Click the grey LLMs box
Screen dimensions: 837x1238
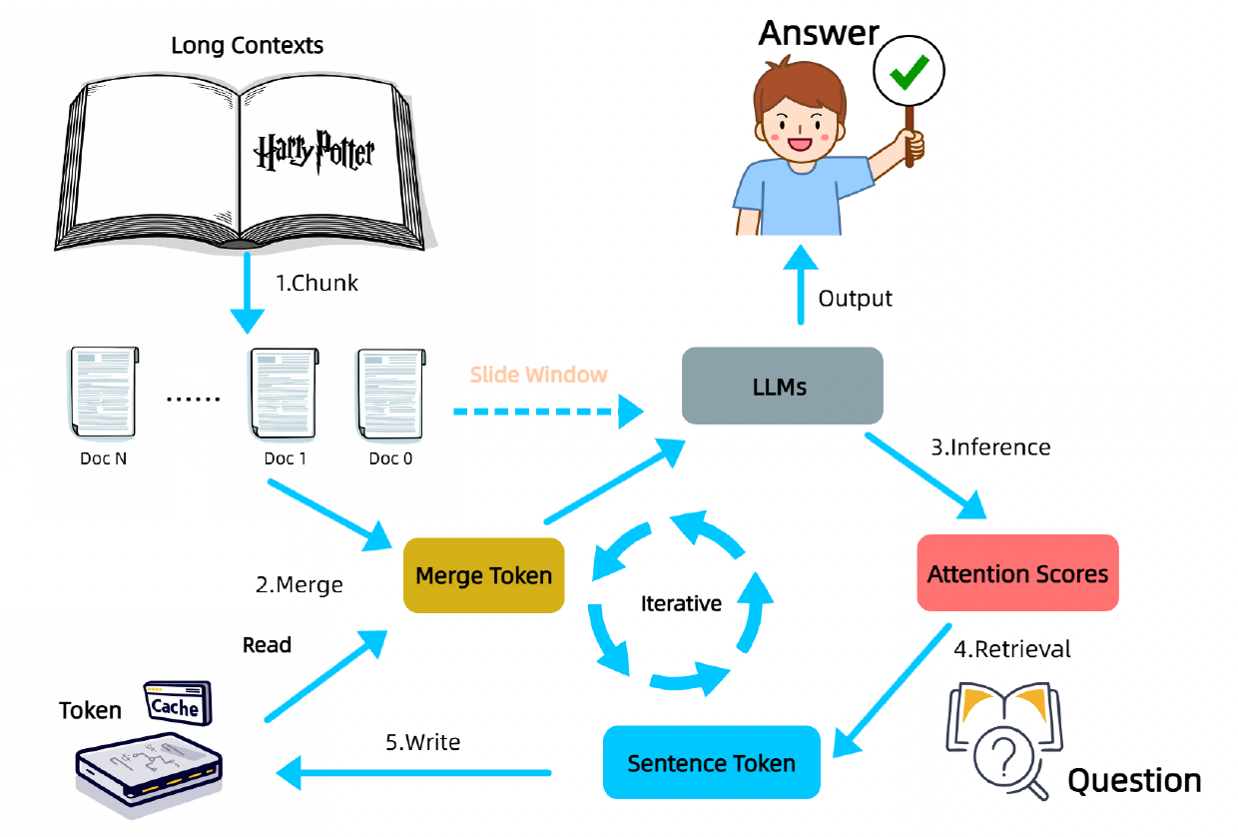[x=782, y=386]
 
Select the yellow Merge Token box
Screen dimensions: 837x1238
[x=483, y=575]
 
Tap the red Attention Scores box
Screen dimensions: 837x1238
[x=1017, y=573]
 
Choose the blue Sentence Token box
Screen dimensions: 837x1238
[x=711, y=763]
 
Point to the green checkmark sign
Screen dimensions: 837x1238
[x=909, y=70]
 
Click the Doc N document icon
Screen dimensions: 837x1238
[x=103, y=393]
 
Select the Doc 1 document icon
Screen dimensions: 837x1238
[x=284, y=393]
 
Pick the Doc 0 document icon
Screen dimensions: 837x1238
[x=390, y=393]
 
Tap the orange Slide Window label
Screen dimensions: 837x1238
[x=538, y=375]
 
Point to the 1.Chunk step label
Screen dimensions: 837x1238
[x=316, y=283]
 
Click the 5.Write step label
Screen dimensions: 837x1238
[x=422, y=742]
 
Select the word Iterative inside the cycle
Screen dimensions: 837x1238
[x=681, y=603]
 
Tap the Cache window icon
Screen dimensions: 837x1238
[x=177, y=704]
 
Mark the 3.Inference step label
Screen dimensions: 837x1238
[x=990, y=446]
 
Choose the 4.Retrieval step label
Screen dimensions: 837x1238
[x=1011, y=649]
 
